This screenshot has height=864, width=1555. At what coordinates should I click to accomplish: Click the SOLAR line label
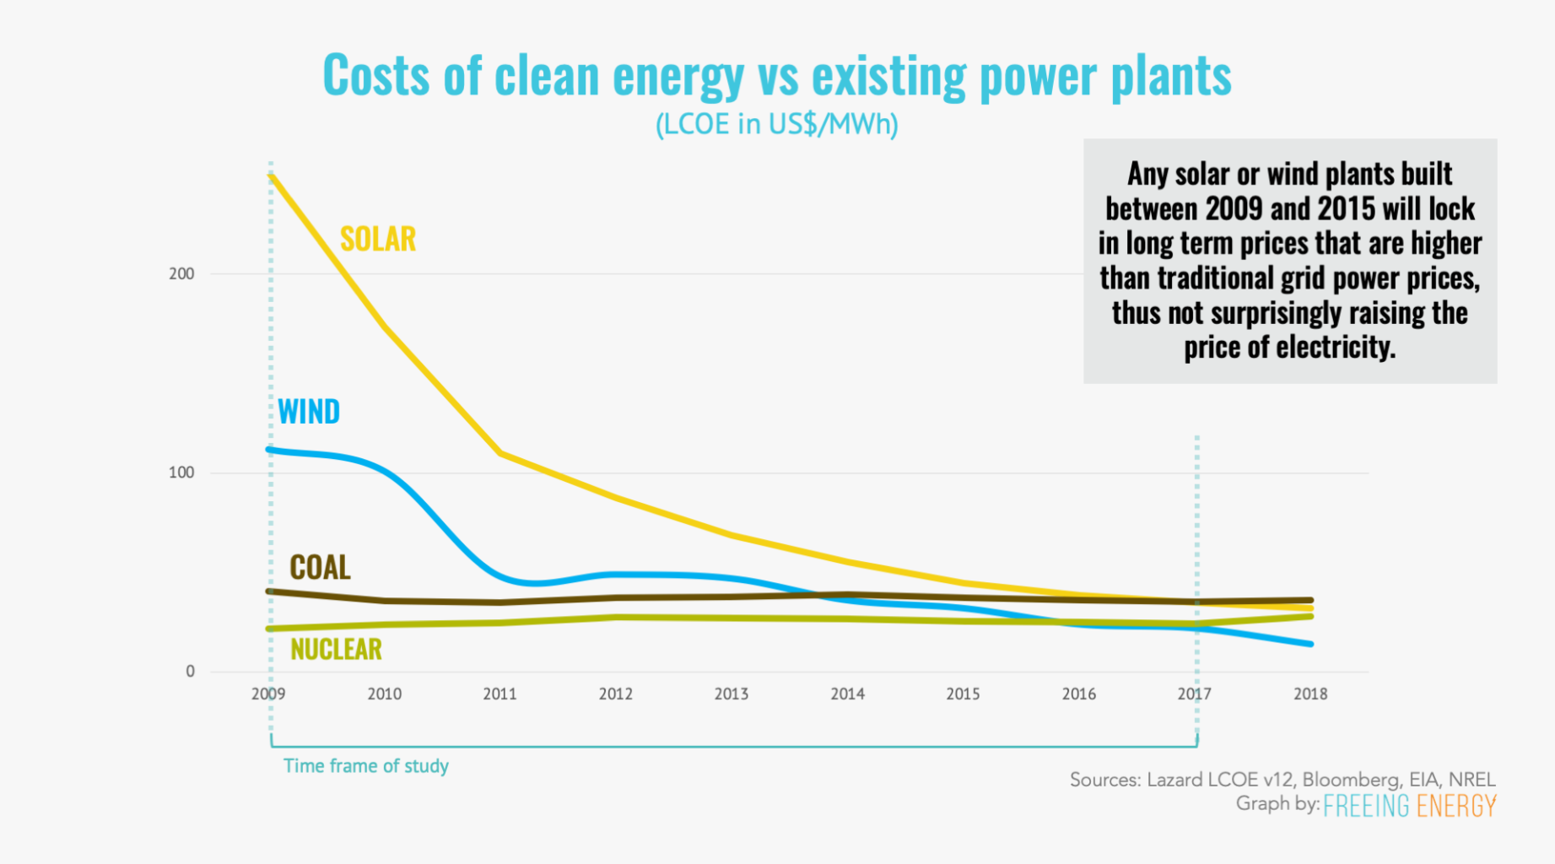(x=377, y=240)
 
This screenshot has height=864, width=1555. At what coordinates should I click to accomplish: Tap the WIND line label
(x=309, y=412)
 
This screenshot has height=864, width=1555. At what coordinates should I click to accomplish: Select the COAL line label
(x=320, y=568)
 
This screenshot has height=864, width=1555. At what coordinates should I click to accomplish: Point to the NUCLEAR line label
(x=336, y=649)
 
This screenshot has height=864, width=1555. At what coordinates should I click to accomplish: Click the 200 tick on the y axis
(x=181, y=273)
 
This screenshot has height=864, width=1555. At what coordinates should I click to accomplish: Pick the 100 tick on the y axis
(x=181, y=472)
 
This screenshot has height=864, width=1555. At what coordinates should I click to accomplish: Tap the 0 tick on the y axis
(x=190, y=672)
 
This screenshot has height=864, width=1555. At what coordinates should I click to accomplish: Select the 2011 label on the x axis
(x=499, y=694)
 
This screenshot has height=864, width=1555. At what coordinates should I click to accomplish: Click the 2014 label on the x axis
(x=847, y=694)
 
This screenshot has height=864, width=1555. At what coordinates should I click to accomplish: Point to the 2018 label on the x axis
(x=1310, y=694)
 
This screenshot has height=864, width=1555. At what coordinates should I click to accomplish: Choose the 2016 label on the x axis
(x=1078, y=694)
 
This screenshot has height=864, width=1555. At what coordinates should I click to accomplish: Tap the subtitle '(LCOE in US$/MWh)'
(x=776, y=125)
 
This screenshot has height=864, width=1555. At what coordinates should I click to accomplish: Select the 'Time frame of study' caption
(x=365, y=766)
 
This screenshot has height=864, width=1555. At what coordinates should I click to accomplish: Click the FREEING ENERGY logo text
(x=1409, y=806)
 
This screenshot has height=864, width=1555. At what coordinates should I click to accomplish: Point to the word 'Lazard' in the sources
(x=1174, y=780)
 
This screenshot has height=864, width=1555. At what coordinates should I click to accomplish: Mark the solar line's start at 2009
(x=271, y=175)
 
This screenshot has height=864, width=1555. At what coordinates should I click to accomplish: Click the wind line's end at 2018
(x=1310, y=645)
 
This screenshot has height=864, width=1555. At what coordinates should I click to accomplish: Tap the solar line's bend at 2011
(x=500, y=454)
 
